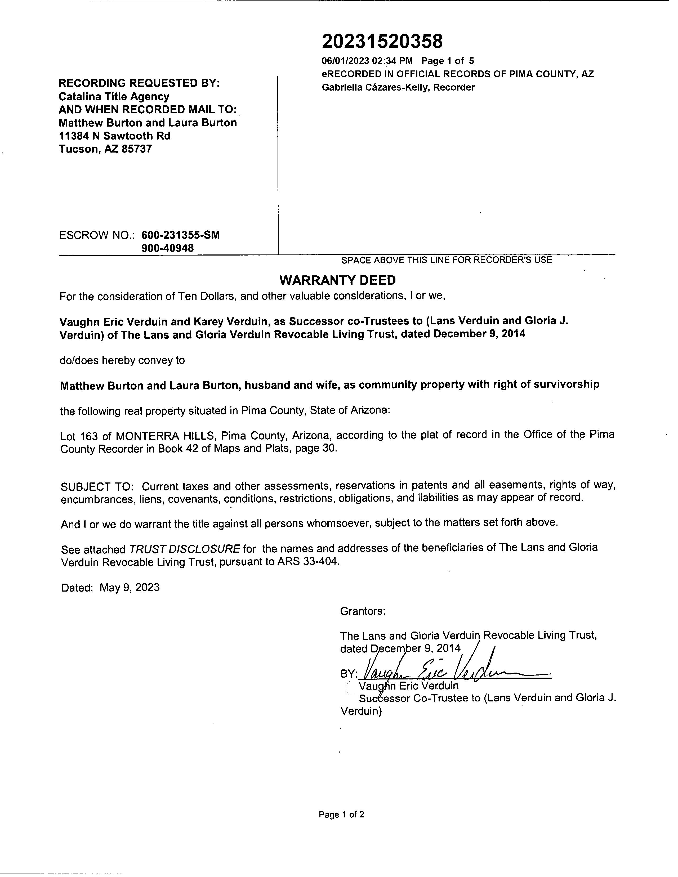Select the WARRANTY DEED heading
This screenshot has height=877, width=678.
pyautogui.click(x=337, y=280)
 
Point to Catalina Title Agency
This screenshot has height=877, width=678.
pyautogui.click(x=114, y=96)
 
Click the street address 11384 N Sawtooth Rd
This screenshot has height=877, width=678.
pyautogui.click(x=114, y=136)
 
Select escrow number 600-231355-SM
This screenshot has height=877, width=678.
pyautogui.click(x=180, y=235)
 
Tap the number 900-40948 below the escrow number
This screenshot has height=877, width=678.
pyautogui.click(x=167, y=248)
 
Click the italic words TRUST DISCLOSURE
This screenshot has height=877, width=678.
pyautogui.click(x=184, y=549)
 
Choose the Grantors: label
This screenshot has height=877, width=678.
pyautogui.click(x=363, y=611)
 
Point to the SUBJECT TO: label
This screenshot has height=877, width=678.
pyautogui.click(x=97, y=487)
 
